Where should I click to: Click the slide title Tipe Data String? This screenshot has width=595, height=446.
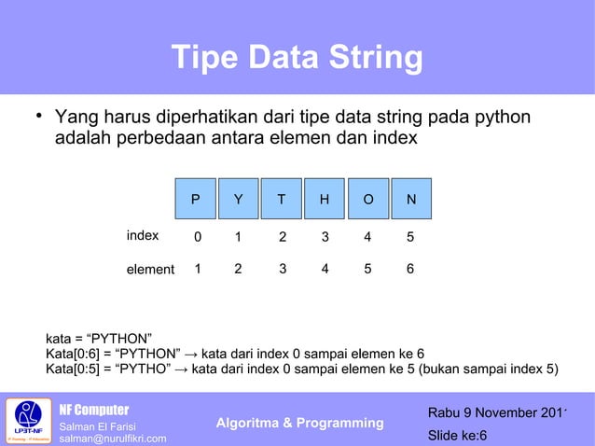pyautogui.click(x=297, y=59)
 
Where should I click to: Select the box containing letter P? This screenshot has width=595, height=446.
pyautogui.click(x=195, y=199)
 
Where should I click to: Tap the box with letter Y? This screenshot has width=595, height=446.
pyautogui.click(x=238, y=199)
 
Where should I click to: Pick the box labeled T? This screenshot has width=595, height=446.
pyautogui.click(x=282, y=199)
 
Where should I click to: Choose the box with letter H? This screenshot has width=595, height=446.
pyautogui.click(x=325, y=199)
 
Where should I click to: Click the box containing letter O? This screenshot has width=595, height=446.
pyautogui.click(x=368, y=199)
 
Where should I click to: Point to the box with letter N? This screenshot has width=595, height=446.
pyautogui.click(x=411, y=199)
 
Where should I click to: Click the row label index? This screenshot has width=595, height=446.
pyautogui.click(x=143, y=235)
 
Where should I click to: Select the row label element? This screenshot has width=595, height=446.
pyautogui.click(x=150, y=270)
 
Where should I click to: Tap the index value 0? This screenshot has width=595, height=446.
pyautogui.click(x=197, y=237)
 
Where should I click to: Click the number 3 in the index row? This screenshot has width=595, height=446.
pyautogui.click(x=325, y=237)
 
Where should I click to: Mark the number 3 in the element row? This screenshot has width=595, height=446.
pyautogui.click(x=283, y=270)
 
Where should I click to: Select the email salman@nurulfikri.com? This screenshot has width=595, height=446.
pyautogui.click(x=113, y=439)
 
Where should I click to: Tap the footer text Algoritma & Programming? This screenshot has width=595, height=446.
pyautogui.click(x=299, y=424)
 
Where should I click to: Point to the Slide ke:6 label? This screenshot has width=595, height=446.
pyautogui.click(x=457, y=436)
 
